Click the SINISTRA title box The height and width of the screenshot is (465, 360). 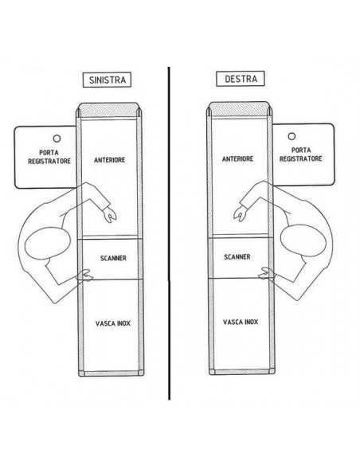click(x=107, y=80)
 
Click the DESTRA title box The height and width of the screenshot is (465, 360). click(x=241, y=79)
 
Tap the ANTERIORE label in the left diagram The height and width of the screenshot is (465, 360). click(x=109, y=160)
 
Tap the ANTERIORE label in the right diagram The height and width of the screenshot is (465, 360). click(x=237, y=158)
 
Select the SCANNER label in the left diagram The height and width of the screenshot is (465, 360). click(x=113, y=258)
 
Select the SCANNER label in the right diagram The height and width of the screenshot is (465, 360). click(x=237, y=256)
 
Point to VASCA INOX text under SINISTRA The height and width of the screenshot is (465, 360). click(x=113, y=323)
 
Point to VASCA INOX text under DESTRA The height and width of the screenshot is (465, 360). click(x=241, y=322)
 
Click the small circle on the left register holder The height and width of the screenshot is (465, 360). click(x=57, y=139)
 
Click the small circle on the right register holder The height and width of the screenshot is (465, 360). click(x=292, y=136)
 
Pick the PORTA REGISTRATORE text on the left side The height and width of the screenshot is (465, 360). click(x=49, y=157)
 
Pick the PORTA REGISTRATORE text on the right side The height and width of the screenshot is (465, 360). click(x=301, y=154)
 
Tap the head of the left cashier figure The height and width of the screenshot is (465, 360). click(x=48, y=243)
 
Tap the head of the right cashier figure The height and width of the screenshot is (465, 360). click(x=303, y=240)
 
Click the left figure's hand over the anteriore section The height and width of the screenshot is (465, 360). click(x=110, y=215)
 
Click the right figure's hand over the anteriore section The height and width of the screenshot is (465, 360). click(x=241, y=213)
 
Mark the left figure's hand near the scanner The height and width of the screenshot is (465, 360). click(x=86, y=275)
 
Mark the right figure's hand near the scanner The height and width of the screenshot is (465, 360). click(x=267, y=273)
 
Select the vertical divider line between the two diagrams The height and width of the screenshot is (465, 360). click(x=169, y=233)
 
